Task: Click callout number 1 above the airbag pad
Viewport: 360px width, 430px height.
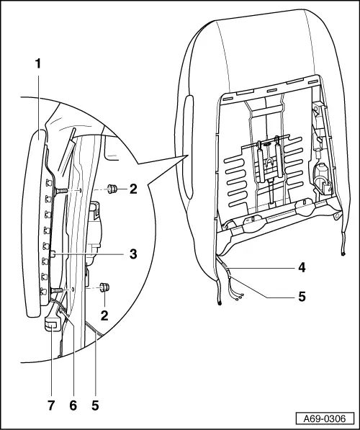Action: pos(37,64)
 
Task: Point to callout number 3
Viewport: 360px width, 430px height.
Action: pos(134,254)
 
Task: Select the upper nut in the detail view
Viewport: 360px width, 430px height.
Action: pos(112,189)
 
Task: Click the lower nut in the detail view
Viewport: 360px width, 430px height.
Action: pos(104,287)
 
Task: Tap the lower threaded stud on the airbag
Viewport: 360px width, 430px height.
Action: pos(57,290)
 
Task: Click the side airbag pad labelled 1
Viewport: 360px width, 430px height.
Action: pos(33,216)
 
